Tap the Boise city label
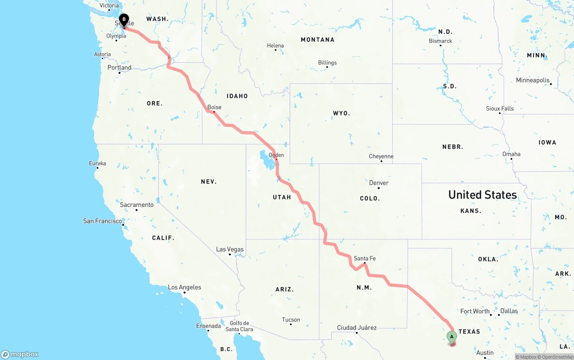point(214,108)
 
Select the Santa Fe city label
point(365,259)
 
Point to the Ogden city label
point(276,155)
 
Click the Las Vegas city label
point(230,249)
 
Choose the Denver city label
point(379,183)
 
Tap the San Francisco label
point(103,221)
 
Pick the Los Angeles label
point(184,287)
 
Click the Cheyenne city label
point(381,156)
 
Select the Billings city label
point(327,63)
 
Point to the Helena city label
point(275,46)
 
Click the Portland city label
point(119,68)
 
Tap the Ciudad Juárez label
point(357,328)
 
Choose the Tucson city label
point(291,320)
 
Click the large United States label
point(483,195)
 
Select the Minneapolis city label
point(533,80)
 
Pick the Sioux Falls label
point(500,108)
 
